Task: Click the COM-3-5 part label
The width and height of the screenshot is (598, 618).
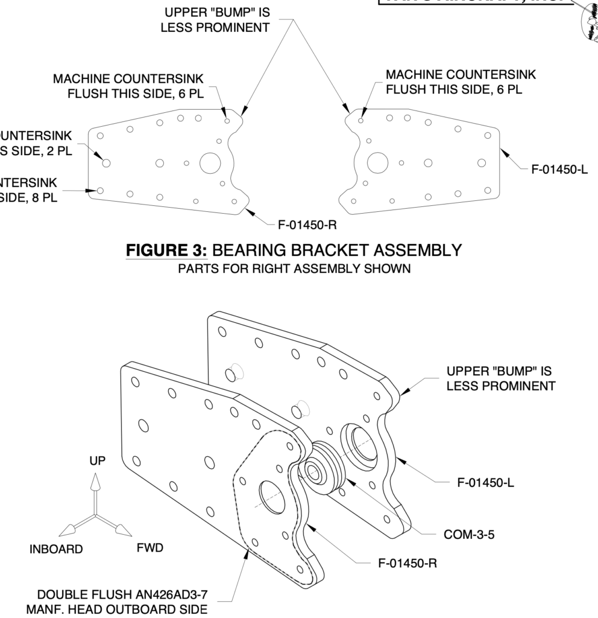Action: click(469, 535)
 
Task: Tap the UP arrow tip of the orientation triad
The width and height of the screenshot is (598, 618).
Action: click(94, 478)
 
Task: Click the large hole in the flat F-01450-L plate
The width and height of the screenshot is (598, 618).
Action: click(378, 162)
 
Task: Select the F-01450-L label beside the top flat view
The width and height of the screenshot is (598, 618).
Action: click(559, 170)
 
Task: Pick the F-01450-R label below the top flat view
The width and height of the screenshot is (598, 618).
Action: click(306, 226)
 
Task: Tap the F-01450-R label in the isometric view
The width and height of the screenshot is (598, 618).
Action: click(408, 563)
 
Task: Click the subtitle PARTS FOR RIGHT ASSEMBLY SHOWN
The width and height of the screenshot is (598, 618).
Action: click(294, 269)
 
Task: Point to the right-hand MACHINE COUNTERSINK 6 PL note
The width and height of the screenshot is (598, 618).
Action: click(461, 82)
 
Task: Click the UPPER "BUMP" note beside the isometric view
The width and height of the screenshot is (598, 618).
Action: click(500, 378)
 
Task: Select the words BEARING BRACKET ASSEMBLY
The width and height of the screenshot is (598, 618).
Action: click(338, 250)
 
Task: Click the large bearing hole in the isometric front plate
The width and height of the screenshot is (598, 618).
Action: click(266, 497)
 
